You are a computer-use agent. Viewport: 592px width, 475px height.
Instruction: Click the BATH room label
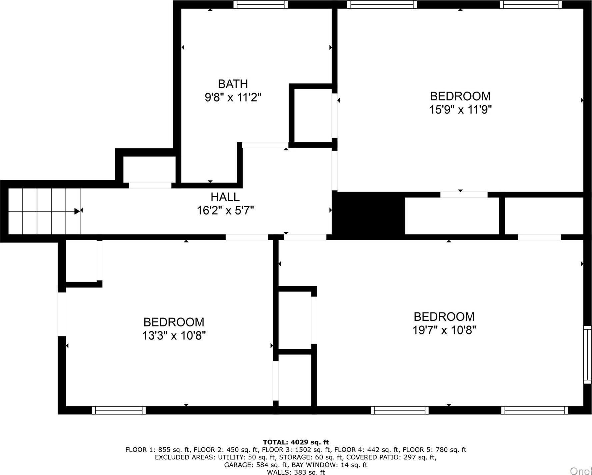pyautogui.click(x=233, y=84)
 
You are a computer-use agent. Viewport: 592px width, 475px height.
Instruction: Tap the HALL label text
pyautogui.click(x=225, y=197)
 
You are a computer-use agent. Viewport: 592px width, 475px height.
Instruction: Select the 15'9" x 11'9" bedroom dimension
pyautogui.click(x=460, y=110)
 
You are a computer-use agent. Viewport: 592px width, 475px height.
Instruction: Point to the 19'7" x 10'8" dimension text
pyautogui.click(x=444, y=330)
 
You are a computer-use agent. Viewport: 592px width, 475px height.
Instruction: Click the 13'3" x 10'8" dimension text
pyautogui.click(x=174, y=335)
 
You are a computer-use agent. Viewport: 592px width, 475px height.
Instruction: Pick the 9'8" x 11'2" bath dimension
pyautogui.click(x=233, y=98)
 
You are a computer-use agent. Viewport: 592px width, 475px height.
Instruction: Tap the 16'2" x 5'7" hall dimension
pyautogui.click(x=225, y=211)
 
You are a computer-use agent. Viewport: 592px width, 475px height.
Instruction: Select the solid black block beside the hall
pyautogui.click(x=369, y=215)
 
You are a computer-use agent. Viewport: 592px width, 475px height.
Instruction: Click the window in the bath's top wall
pyautogui.click(x=260, y=5)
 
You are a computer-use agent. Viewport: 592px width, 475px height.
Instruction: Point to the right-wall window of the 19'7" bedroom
pyautogui.click(x=587, y=355)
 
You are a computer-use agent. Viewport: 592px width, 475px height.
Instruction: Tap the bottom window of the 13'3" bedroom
pyautogui.click(x=119, y=410)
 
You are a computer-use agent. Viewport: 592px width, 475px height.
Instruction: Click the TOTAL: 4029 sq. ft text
pyautogui.click(x=296, y=442)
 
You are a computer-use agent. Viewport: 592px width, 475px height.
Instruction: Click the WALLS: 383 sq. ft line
pyautogui.click(x=296, y=472)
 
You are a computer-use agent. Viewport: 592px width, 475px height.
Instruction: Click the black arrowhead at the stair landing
pyautogui.click(x=77, y=211)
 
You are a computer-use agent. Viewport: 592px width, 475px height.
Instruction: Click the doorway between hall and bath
pyautogui.click(x=265, y=145)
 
